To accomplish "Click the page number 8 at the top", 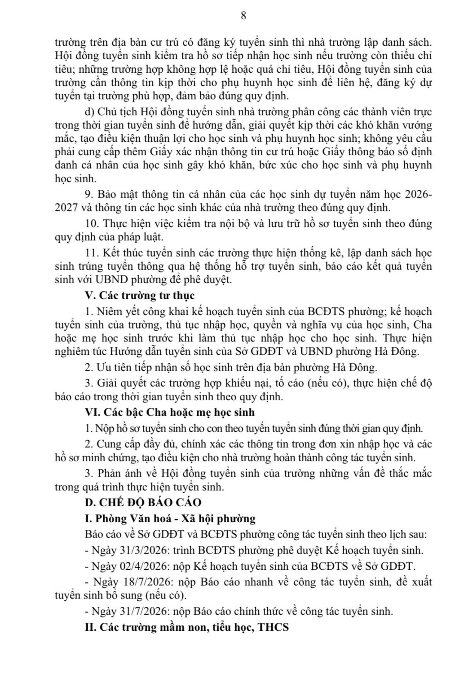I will [x=243, y=16].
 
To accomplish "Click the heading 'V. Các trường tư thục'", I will [x=140, y=295].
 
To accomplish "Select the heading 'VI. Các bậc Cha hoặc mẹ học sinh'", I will [x=169, y=412].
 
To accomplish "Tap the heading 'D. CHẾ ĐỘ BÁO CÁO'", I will [x=143, y=503].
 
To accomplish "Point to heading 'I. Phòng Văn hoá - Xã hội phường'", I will [x=170, y=519].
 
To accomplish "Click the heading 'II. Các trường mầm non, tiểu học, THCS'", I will [x=186, y=627].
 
